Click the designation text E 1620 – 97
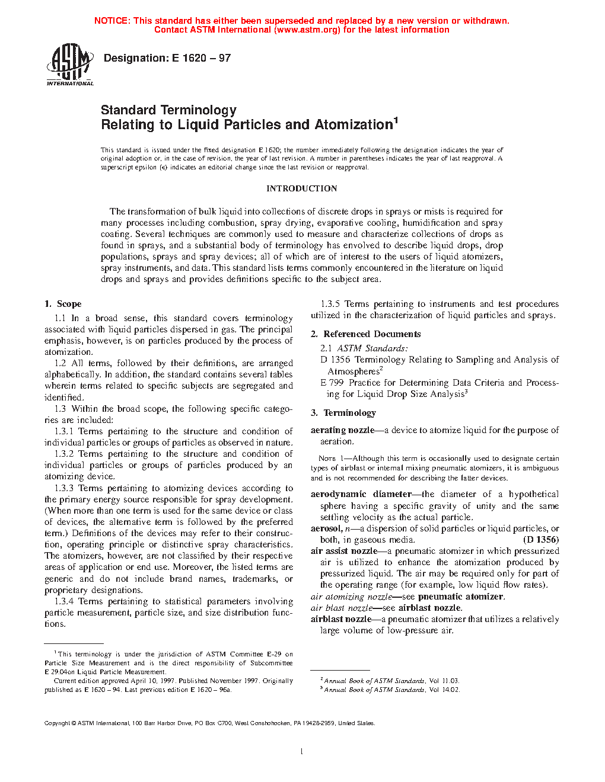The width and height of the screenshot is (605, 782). pyautogui.click(x=201, y=58)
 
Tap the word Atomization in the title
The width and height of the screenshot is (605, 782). pyautogui.click(x=354, y=125)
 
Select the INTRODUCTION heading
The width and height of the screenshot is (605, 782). pyautogui.click(x=301, y=188)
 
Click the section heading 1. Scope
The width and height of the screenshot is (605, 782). pyautogui.click(x=63, y=304)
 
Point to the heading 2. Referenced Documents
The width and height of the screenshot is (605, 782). pyautogui.click(x=365, y=334)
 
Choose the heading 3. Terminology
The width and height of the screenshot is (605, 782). pyautogui.click(x=343, y=413)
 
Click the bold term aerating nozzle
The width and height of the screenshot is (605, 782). pyautogui.click(x=342, y=430)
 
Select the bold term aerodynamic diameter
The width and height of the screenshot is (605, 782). pyautogui.click(x=361, y=494)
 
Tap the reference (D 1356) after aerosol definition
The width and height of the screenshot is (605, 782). pyautogui.click(x=540, y=540)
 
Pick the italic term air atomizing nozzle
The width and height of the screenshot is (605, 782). pyautogui.click(x=351, y=597)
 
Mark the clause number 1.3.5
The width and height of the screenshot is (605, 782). pyautogui.click(x=330, y=304)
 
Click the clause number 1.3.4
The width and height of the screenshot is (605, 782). pyautogui.click(x=64, y=601)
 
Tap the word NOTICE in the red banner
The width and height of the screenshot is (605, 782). pyautogui.click(x=112, y=21)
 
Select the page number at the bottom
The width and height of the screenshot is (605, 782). pyautogui.click(x=302, y=752)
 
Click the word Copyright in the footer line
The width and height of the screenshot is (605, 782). pyautogui.click(x=57, y=723)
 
